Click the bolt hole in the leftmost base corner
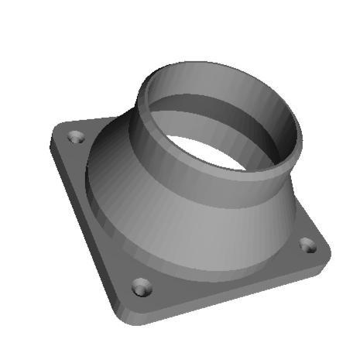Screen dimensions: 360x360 click(76, 137)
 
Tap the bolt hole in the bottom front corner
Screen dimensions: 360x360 click(142, 288)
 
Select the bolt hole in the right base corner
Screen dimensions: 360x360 click(308, 246)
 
